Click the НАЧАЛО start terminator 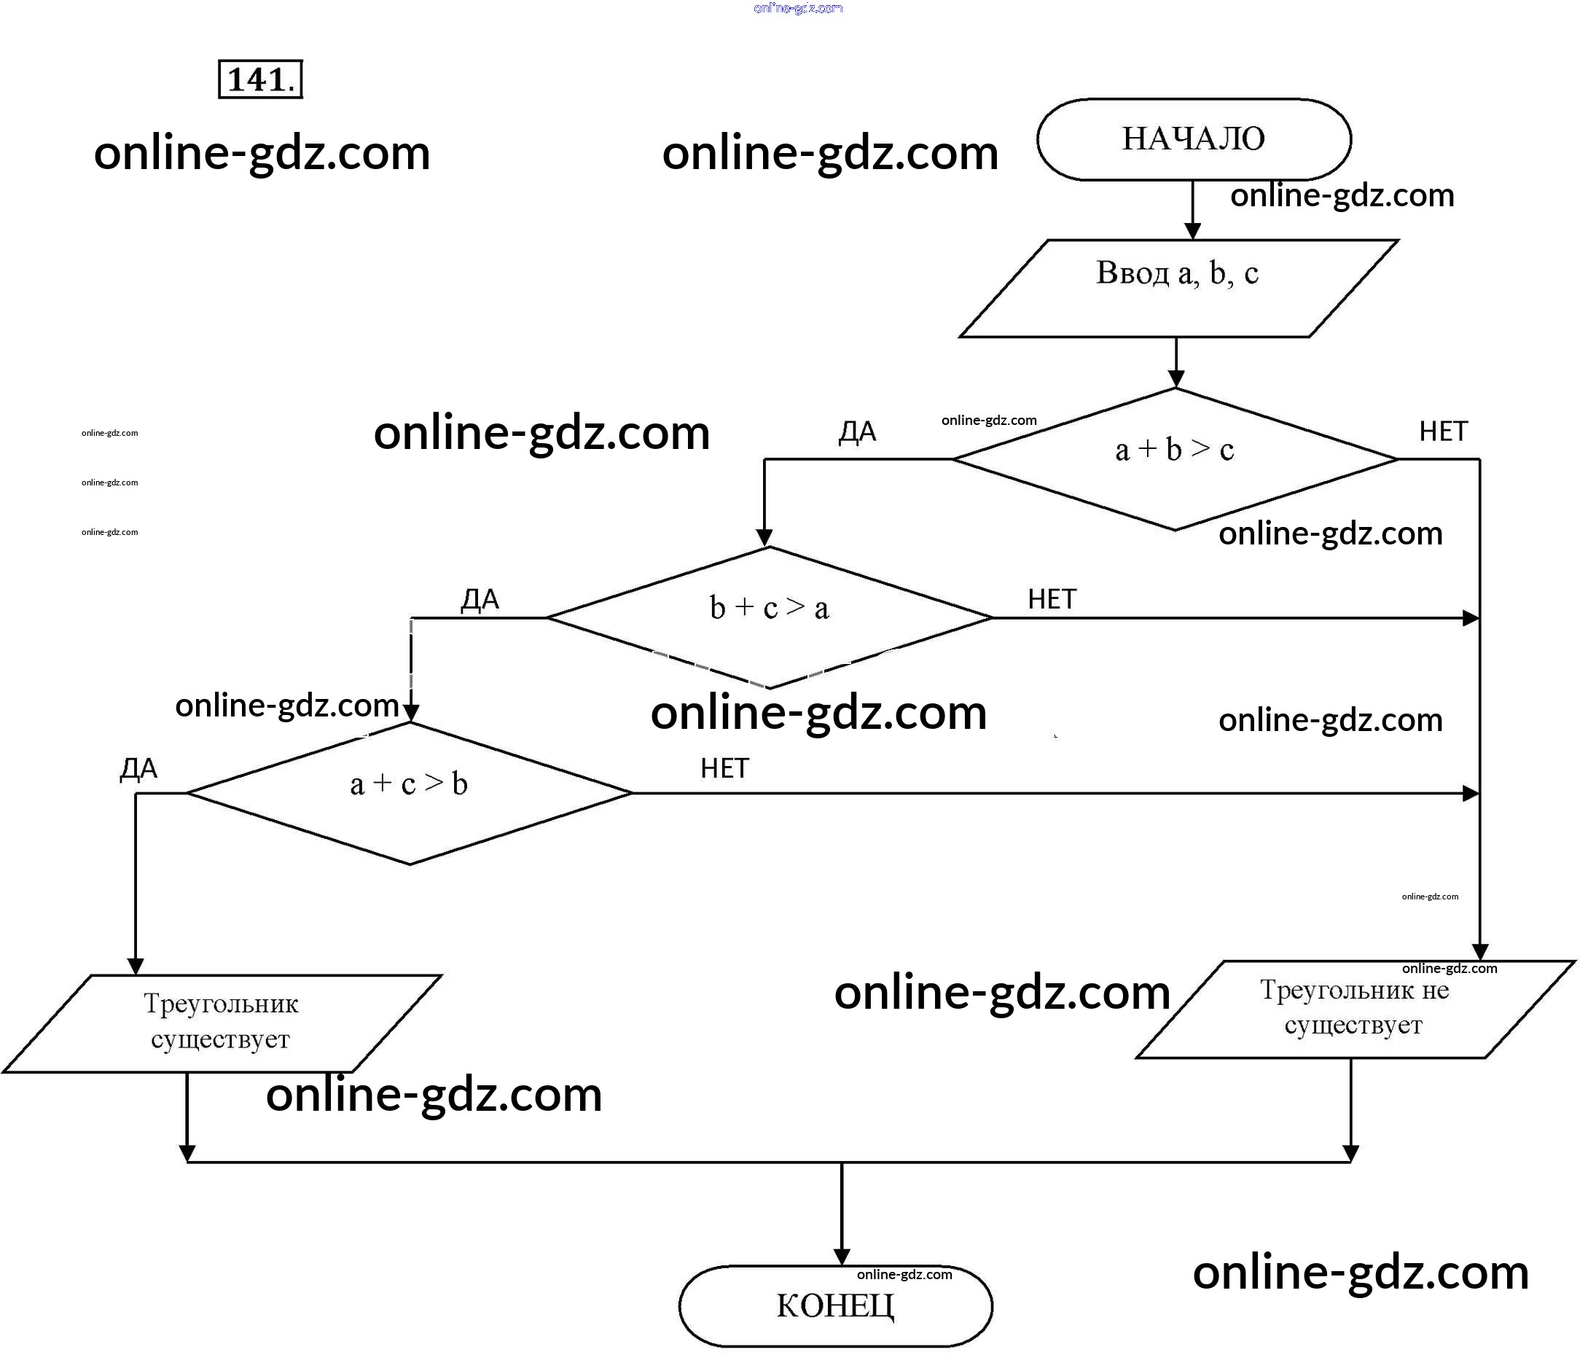tap(1193, 139)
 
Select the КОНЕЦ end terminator tap(835, 1305)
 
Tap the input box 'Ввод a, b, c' tap(1178, 288)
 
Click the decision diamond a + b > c tap(1175, 458)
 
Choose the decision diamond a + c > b tap(409, 792)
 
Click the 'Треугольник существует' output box tap(221, 1023)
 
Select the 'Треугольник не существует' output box tap(1355, 1009)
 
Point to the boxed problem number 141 tap(260, 79)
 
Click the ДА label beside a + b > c tap(857, 432)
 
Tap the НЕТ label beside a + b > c tap(1443, 431)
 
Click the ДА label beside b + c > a tap(480, 599)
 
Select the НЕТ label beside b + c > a tap(1052, 599)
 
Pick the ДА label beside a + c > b tap(138, 768)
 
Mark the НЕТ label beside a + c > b tap(724, 768)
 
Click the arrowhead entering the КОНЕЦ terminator tap(842, 1257)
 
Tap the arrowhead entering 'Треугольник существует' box tap(136, 966)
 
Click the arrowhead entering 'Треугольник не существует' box tap(1479, 952)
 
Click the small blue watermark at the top tap(798, 9)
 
